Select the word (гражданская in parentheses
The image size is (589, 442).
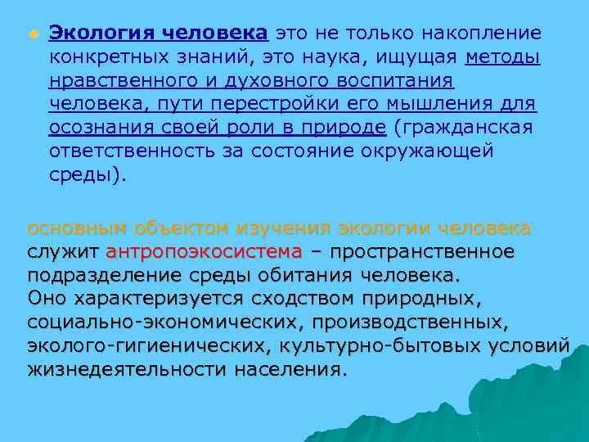(x=463, y=129)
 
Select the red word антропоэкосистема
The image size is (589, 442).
(x=204, y=250)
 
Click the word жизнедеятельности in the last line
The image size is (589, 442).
(x=126, y=369)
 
